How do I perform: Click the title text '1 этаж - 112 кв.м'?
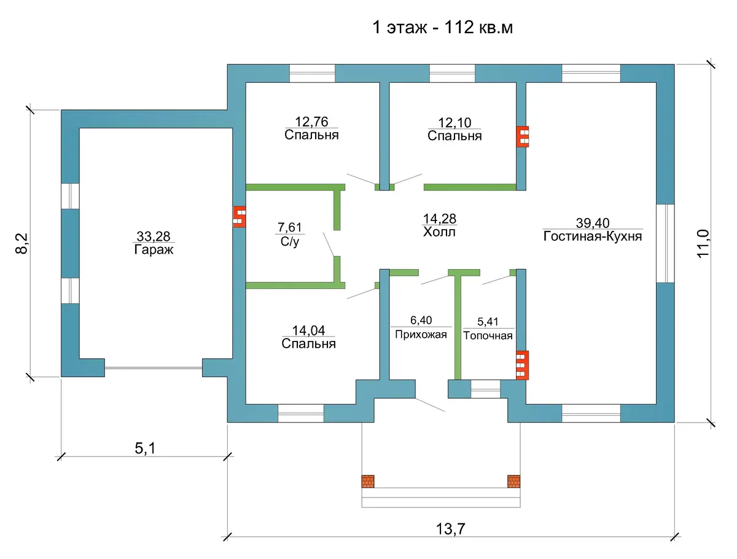point(442,27)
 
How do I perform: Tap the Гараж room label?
point(154,249)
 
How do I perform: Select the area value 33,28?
point(154,237)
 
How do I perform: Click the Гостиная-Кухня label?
point(592,237)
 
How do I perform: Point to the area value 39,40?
point(593,223)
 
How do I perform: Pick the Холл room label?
point(439,232)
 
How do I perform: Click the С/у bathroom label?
point(289,241)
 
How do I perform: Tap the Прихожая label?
point(421,334)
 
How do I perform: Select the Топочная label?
point(488,336)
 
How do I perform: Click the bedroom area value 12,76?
point(311,122)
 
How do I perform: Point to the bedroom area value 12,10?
point(454,122)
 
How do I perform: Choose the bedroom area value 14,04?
point(308,330)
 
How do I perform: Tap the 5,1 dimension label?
point(145,448)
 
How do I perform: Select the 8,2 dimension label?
point(22,243)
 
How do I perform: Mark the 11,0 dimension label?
point(703,243)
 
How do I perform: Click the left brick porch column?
point(368,481)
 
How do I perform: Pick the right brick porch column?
point(513,481)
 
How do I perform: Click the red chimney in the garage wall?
point(240,217)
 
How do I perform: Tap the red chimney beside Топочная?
point(522,365)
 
